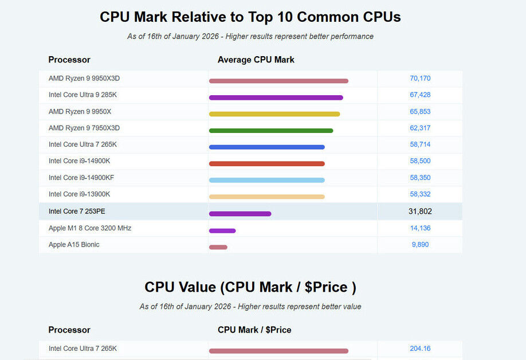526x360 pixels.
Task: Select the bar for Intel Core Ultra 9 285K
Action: pyautogui.click(x=276, y=97)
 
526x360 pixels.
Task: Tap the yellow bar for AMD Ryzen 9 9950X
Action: pyautogui.click(x=274, y=114)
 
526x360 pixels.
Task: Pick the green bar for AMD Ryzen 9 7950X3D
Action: pyautogui.click(x=271, y=131)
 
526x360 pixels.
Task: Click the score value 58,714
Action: pyautogui.click(x=420, y=144)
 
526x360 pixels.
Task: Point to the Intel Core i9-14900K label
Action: pyautogui.click(x=79, y=161)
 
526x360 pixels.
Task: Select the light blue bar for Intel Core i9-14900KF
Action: pyautogui.click(x=267, y=180)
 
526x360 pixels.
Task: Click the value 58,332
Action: pyautogui.click(x=420, y=194)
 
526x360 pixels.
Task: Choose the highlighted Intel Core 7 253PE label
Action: pyautogui.click(x=77, y=212)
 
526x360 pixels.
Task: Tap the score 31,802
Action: pyautogui.click(x=420, y=212)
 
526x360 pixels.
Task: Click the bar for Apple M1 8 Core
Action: pyautogui.click(x=222, y=231)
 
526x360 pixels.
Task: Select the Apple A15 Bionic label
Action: pyautogui.click(x=74, y=245)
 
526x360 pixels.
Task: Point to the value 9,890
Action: pyautogui.click(x=420, y=245)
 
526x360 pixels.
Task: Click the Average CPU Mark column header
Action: pyautogui.click(x=256, y=60)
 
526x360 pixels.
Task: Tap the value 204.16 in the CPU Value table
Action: pyautogui.click(x=420, y=349)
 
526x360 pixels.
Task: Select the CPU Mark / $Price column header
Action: pyautogui.click(x=254, y=330)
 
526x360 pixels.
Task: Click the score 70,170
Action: pyautogui.click(x=420, y=79)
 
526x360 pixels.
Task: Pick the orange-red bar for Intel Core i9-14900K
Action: pyautogui.click(x=267, y=164)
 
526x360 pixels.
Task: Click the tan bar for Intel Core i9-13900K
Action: pyautogui.click(x=267, y=197)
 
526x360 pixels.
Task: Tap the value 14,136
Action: pyautogui.click(x=420, y=228)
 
